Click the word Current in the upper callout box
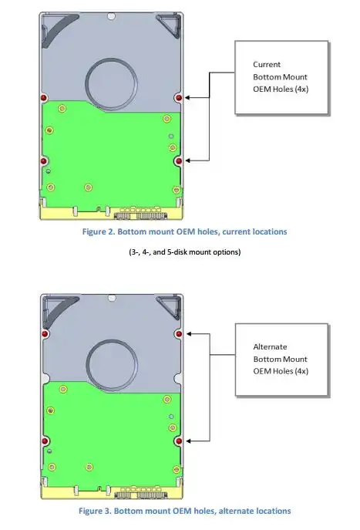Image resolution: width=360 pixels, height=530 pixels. (267, 64)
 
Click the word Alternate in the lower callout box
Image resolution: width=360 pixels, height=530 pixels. (270, 346)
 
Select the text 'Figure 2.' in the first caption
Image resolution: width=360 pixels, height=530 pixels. (98, 232)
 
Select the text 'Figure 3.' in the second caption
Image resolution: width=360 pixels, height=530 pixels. (95, 511)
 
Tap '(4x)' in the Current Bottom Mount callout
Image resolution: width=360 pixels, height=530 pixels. (302, 89)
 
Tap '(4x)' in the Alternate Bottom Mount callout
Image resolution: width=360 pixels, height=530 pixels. (301, 371)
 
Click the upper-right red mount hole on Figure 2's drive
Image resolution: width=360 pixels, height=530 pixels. (179, 98)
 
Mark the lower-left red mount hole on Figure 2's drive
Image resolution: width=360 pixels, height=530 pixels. (44, 161)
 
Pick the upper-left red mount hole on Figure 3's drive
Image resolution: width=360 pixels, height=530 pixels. (45, 334)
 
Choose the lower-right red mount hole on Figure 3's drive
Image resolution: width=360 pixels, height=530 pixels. (179, 441)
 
